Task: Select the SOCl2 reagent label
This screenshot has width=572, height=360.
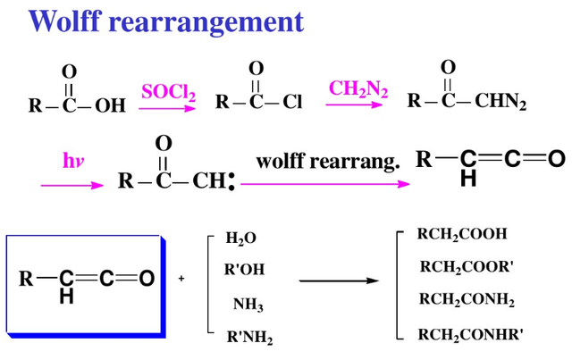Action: [168, 92]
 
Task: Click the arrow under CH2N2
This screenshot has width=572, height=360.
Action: [355, 105]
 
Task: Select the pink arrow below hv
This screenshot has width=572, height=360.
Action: [72, 185]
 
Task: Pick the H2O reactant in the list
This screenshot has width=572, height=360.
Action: [240, 239]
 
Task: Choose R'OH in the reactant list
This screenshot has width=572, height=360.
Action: [244, 269]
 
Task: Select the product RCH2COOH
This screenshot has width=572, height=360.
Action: [462, 234]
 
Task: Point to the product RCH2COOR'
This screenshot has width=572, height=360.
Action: [466, 266]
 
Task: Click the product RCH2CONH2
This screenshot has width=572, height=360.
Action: [467, 301]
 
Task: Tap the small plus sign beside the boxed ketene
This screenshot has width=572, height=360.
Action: [181, 279]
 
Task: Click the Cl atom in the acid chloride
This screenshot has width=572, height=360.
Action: [293, 103]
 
